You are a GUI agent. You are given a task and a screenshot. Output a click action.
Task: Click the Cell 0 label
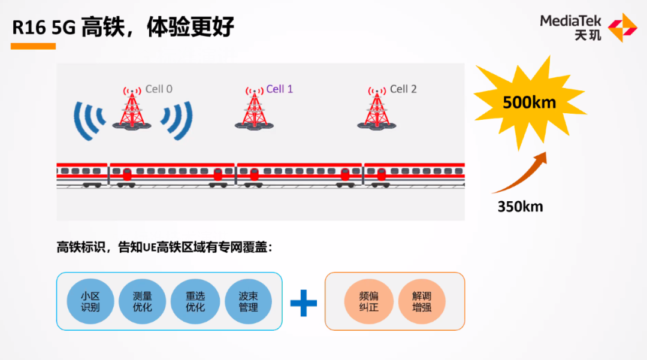click(x=159, y=89)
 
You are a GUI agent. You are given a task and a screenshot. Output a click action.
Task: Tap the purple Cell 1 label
click(x=279, y=89)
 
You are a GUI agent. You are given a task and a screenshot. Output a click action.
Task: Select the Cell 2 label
click(x=403, y=89)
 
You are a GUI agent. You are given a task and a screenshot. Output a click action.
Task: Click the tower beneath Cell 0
click(x=132, y=109)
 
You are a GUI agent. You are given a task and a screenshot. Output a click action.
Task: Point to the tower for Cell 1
click(x=254, y=109)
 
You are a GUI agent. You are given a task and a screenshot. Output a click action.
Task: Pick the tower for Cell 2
click(x=377, y=109)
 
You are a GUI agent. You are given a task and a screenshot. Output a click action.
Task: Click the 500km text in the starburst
click(x=530, y=102)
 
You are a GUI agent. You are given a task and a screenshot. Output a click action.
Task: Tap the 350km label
click(x=521, y=206)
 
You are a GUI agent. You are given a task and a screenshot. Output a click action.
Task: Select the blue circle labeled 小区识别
click(x=90, y=301)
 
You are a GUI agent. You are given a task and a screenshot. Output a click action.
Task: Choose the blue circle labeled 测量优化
click(x=143, y=301)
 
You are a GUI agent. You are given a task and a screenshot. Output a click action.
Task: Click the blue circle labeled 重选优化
click(x=195, y=301)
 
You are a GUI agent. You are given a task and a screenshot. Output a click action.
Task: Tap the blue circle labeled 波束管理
click(x=249, y=301)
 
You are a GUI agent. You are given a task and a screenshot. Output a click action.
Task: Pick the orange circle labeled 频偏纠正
click(x=369, y=301)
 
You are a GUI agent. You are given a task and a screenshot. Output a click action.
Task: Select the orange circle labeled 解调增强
click(x=422, y=301)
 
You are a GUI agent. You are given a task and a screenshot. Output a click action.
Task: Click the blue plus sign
click(x=304, y=303)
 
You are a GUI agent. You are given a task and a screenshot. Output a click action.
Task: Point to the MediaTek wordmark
click(x=571, y=20)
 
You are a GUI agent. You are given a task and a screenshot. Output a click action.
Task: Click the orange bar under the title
click(x=33, y=46)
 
